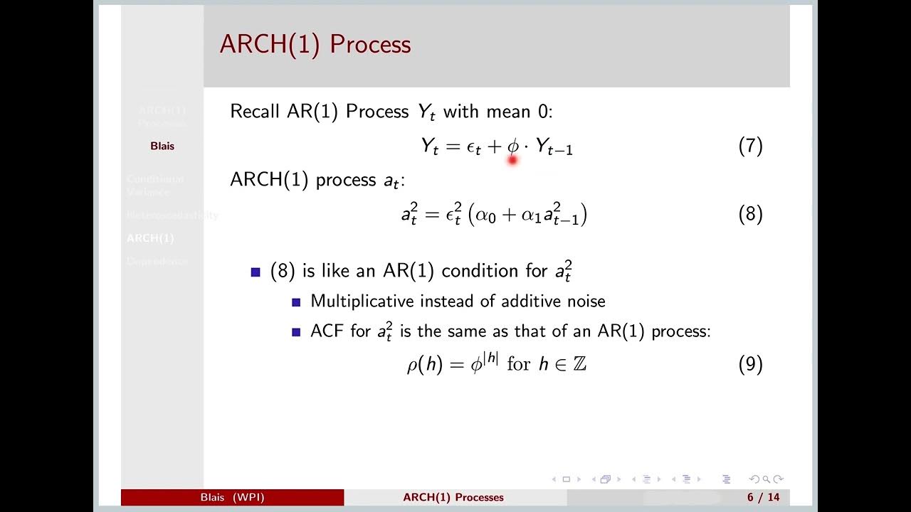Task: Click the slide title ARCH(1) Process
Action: coord(315,44)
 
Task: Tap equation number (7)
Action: coord(750,146)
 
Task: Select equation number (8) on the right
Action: coord(750,214)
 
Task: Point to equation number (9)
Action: coord(750,365)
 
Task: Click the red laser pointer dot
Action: coord(512,161)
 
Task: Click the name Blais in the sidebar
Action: coord(162,146)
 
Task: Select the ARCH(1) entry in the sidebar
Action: coord(150,238)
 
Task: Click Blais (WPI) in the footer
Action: coord(232,498)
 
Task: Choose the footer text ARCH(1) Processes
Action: coord(453,498)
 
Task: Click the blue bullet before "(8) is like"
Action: coord(256,272)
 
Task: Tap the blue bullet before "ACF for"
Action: coord(296,332)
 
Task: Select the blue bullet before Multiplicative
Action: coord(296,302)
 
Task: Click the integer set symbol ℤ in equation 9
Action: coord(579,365)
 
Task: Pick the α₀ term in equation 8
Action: coord(485,215)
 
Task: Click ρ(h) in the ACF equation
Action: coord(425,365)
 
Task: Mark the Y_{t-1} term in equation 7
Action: coord(554,147)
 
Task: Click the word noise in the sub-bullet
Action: coord(586,301)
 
